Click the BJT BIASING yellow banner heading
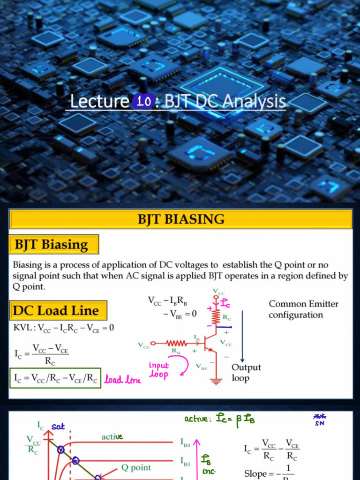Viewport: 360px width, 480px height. point(180,219)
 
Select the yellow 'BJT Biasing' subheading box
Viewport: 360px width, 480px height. point(54,245)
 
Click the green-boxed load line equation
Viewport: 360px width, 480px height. point(55,379)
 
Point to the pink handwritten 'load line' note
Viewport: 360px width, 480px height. point(122,380)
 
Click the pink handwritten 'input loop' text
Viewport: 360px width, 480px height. point(159,369)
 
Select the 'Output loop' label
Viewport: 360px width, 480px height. point(246,373)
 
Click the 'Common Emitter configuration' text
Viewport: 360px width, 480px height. point(303,309)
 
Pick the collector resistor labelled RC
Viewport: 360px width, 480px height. point(216,317)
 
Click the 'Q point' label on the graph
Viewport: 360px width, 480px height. point(136,467)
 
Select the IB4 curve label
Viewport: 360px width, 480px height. point(186,442)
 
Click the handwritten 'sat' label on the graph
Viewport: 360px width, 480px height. point(58,427)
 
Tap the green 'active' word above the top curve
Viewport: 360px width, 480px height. point(112,436)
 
